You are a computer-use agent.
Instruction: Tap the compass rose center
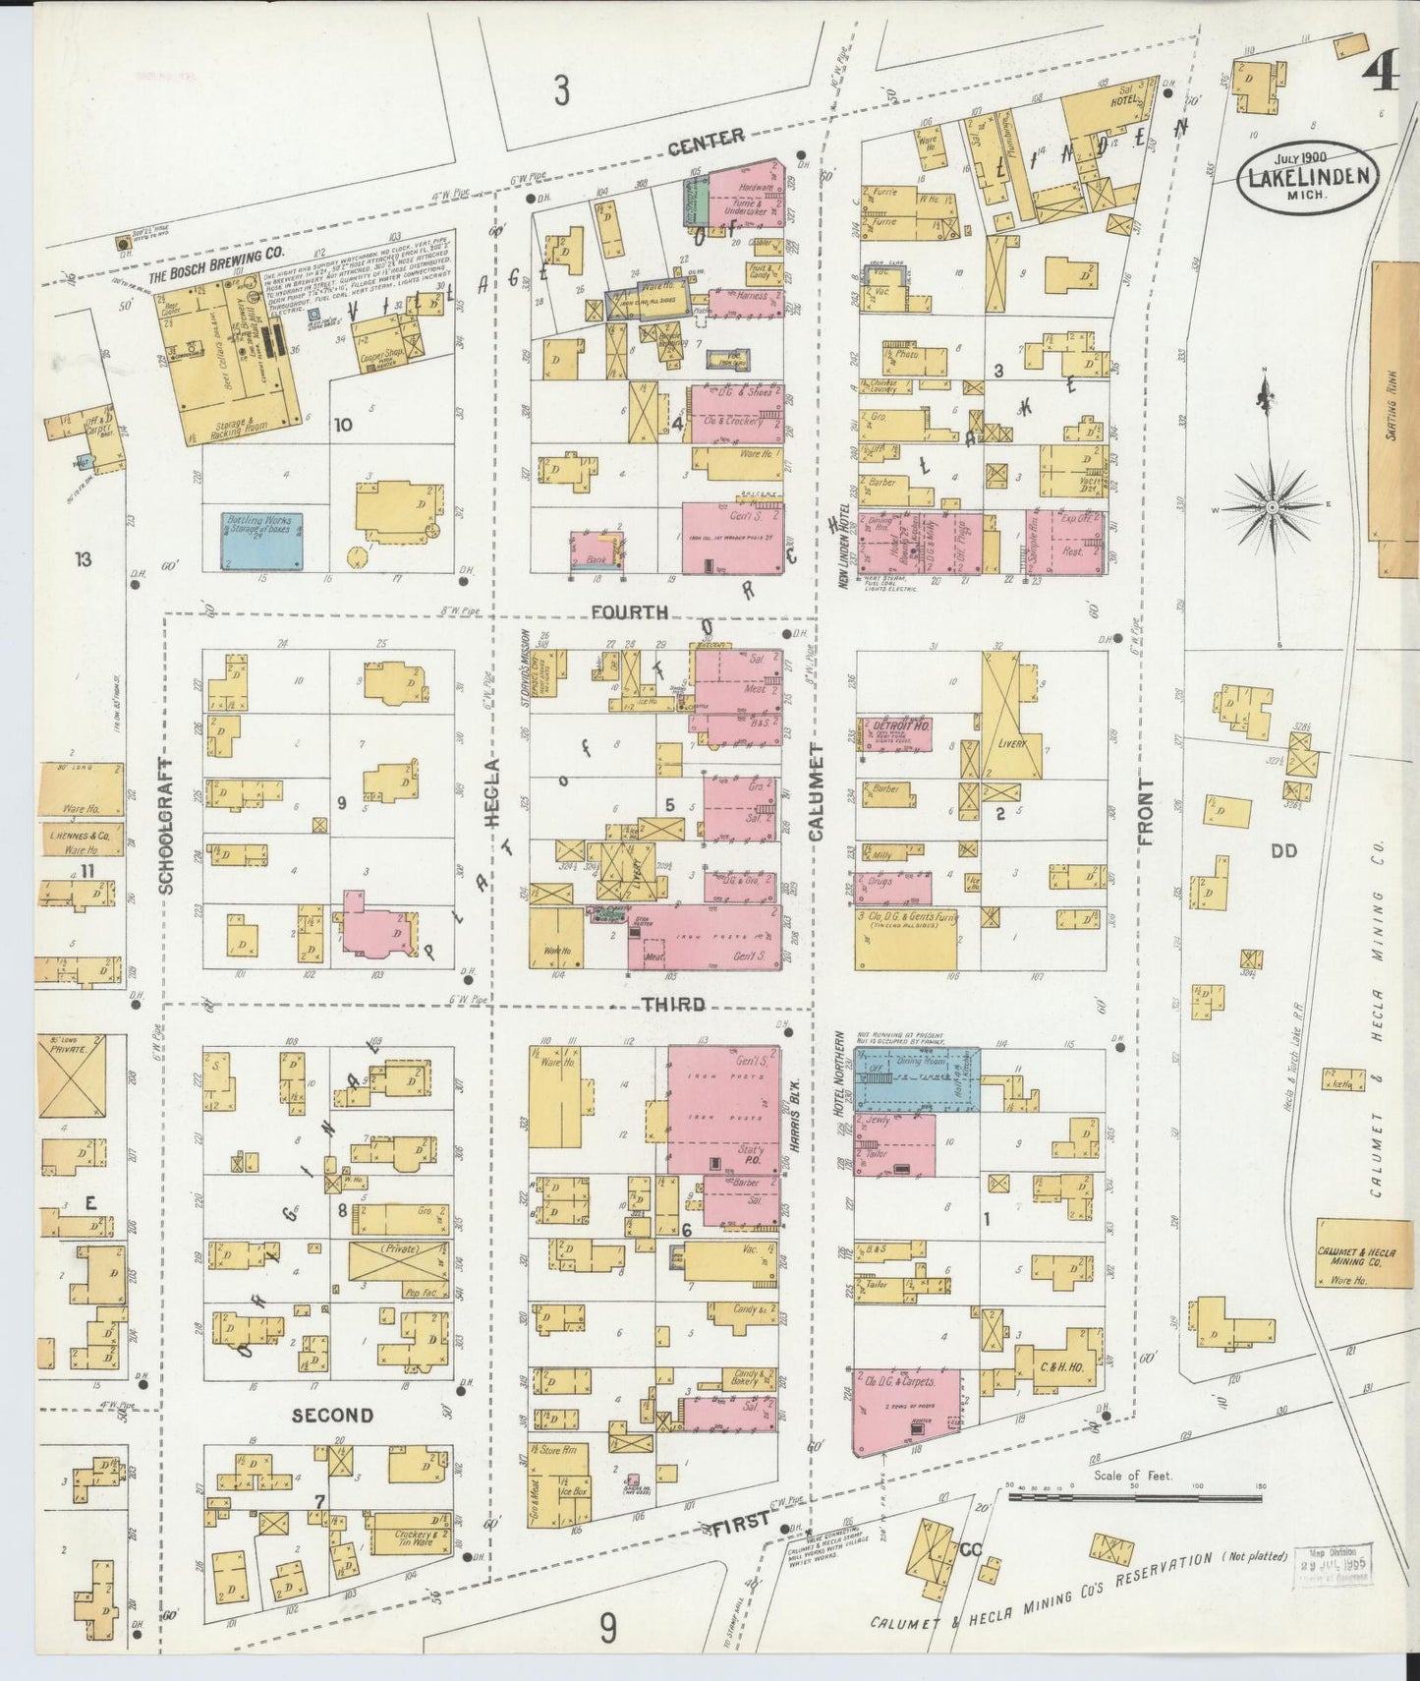tap(1272, 507)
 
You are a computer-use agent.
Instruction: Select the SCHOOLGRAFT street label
tap(165, 826)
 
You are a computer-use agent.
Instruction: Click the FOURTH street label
tap(630, 612)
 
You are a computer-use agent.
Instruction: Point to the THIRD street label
tap(673, 1005)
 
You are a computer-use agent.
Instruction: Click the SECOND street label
tap(332, 1415)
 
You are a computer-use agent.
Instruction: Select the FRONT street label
tap(1146, 813)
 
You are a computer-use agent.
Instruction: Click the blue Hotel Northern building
tap(916, 1079)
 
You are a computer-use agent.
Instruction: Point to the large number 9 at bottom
tap(609, 1629)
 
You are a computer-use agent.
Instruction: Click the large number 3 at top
tap(560, 90)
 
